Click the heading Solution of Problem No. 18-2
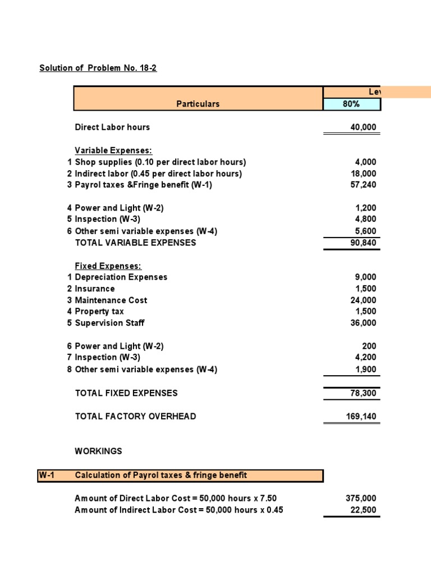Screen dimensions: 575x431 pyautogui.click(x=98, y=68)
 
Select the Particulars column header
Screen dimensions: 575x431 pyautogui.click(x=198, y=104)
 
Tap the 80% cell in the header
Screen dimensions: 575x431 pyautogui.click(x=351, y=104)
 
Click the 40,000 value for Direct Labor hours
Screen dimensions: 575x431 pyautogui.click(x=363, y=127)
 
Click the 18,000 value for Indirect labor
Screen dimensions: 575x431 pyautogui.click(x=363, y=174)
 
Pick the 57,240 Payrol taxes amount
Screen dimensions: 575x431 pyautogui.click(x=363, y=185)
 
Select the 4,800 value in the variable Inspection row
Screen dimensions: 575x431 pyautogui.click(x=365, y=219)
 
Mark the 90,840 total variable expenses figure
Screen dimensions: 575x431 pyautogui.click(x=363, y=243)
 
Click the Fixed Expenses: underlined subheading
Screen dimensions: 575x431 pyautogui.click(x=108, y=266)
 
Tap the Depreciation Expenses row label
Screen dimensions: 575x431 pyautogui.click(x=121, y=277)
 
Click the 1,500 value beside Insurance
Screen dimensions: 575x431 pyautogui.click(x=365, y=289)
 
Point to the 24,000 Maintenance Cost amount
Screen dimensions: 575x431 pyautogui.click(x=363, y=300)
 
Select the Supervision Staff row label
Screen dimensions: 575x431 pyautogui.click(x=109, y=323)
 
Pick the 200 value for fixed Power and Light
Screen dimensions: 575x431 pyautogui.click(x=369, y=346)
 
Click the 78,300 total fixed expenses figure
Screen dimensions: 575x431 pyautogui.click(x=363, y=393)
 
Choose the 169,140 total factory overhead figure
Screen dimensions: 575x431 pyautogui.click(x=361, y=416)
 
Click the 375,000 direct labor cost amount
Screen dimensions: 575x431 pyautogui.click(x=361, y=499)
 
